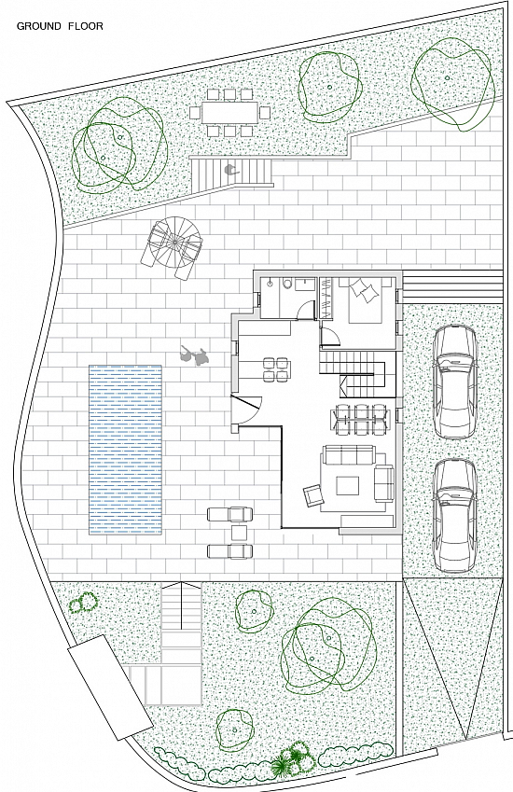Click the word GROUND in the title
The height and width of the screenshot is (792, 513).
(x=39, y=26)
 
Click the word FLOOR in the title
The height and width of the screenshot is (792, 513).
(x=86, y=26)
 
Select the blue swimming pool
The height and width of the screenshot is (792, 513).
(x=126, y=450)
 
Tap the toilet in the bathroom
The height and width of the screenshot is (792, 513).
(x=286, y=284)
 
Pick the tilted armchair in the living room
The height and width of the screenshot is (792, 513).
(x=313, y=495)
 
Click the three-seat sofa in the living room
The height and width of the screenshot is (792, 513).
(x=349, y=454)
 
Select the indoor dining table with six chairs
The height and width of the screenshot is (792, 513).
(x=360, y=419)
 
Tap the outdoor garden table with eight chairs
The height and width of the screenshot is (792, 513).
(x=230, y=112)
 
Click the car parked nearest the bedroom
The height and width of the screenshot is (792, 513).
(x=456, y=382)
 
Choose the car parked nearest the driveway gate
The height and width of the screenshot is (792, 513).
(x=455, y=515)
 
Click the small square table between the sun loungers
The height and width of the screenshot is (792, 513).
(x=239, y=533)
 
